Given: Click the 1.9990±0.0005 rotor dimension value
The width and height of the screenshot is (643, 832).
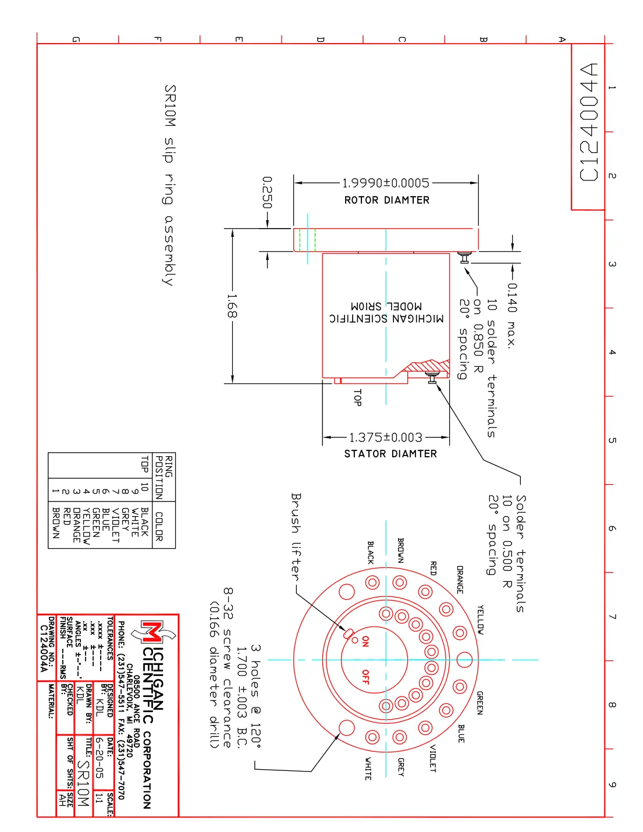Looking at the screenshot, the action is click(x=385, y=183).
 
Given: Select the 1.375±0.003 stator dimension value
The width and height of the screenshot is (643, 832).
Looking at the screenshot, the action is click(x=386, y=438).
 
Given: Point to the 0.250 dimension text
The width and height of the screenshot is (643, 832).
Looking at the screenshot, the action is click(x=267, y=192).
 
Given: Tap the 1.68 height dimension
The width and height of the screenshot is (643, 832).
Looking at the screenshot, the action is click(x=232, y=306).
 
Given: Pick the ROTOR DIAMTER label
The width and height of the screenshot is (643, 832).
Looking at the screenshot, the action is click(x=387, y=200).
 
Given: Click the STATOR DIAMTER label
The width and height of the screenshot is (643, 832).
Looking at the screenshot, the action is click(x=390, y=454).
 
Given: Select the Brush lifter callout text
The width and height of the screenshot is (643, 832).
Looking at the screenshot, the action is click(x=296, y=536).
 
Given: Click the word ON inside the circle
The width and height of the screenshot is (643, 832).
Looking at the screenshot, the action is click(x=366, y=641).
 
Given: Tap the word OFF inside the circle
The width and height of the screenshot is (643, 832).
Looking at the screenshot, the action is click(x=366, y=677).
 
